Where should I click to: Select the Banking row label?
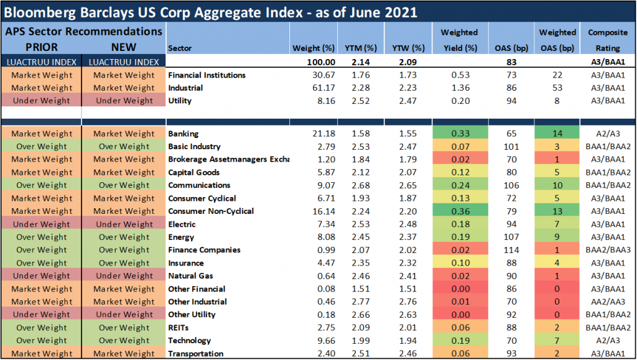pos(184,134)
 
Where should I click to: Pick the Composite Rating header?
pos(607,39)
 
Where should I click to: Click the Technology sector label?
pos(190,341)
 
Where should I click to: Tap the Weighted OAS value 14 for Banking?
pos(557,134)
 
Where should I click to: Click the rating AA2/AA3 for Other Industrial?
pos(607,302)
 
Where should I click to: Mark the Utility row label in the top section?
pos(180,101)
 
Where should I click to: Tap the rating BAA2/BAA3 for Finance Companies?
pos(607,250)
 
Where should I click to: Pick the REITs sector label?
pos(179,328)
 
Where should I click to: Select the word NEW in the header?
pos(123,47)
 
